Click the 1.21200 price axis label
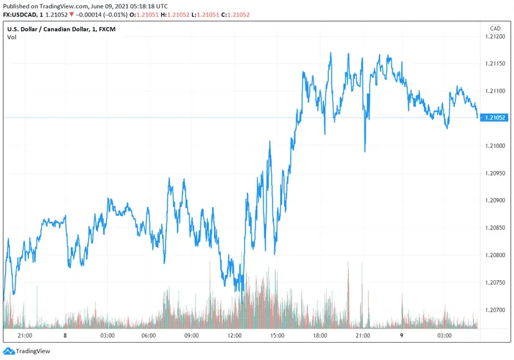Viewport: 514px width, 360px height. pos(495,37)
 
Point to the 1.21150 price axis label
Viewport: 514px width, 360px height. pos(495,64)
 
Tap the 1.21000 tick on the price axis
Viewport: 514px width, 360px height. pos(495,146)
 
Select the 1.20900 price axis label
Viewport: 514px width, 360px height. pos(495,201)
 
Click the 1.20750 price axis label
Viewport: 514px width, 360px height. pos(495,282)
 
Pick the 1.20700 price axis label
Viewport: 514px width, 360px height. pos(495,310)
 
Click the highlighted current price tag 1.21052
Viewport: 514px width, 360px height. pos(495,118)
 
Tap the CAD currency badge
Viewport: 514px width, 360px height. pos(495,28)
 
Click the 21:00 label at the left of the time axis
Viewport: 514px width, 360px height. pos(24,336)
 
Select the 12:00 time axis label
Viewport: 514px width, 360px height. pos(235,336)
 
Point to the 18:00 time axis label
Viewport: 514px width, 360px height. pos(320,336)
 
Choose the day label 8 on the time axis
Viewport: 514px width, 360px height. pos(66,336)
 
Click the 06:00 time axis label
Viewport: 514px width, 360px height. pos(149,336)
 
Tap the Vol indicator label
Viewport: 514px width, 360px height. pos(12,37)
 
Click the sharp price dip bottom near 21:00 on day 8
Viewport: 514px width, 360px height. pos(365,151)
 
